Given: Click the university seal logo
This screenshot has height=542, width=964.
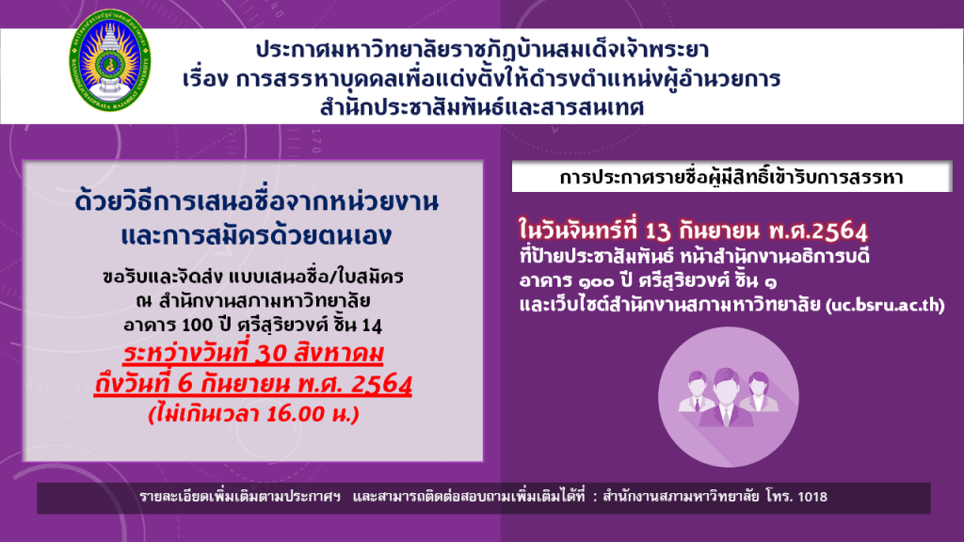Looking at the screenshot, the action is click(109, 60).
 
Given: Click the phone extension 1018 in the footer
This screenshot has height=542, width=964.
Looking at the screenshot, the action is click(812, 497).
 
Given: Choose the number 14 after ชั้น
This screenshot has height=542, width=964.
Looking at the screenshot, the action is click(372, 325).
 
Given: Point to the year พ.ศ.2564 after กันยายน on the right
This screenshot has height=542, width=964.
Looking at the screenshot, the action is click(818, 231).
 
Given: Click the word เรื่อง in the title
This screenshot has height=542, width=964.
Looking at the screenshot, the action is click(205, 79).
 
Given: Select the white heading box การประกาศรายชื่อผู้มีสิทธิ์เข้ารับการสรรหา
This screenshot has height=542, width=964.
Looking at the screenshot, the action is click(731, 177).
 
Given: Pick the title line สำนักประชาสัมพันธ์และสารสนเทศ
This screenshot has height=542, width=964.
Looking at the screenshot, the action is click(482, 107).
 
